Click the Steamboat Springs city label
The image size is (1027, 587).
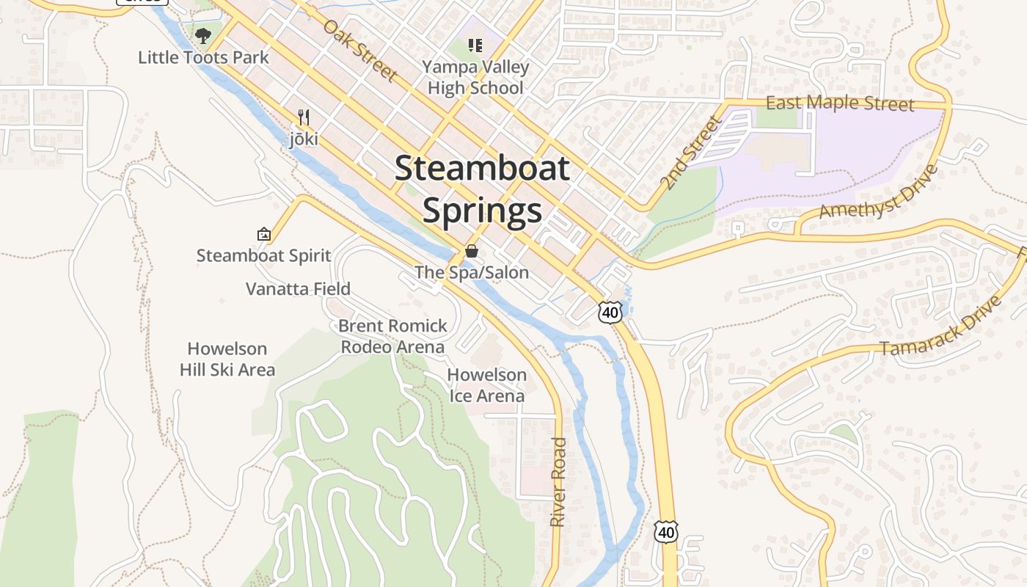pos(482,189)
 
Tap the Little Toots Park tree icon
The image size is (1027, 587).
pos(203,34)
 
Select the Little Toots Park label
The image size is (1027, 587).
pos(203,57)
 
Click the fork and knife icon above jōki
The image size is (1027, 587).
pos(304,117)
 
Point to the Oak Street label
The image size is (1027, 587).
pos(360,50)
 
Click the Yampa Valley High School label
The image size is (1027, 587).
pos(475,78)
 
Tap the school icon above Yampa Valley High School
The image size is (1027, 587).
pos(475,46)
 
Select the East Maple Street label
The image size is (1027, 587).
pos(840,103)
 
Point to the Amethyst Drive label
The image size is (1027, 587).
pos(879,192)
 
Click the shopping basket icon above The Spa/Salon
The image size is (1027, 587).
pos(472,251)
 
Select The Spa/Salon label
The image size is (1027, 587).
pos(472,272)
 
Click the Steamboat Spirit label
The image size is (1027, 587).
pos(264,256)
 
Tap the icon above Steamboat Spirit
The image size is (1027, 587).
pos(264,235)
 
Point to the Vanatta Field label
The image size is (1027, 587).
pos(298,288)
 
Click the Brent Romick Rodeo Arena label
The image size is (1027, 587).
pos(392,336)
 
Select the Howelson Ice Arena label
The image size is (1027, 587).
pos(487,385)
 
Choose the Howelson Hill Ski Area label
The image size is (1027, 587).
pos(227,359)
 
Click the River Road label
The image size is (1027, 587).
pos(559,481)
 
